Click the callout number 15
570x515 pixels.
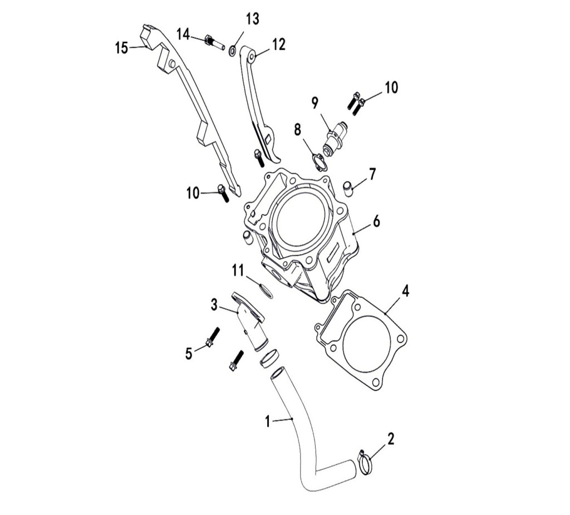(122, 48)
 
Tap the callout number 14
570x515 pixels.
(184, 35)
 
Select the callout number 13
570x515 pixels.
(253, 18)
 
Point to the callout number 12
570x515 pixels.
(279, 45)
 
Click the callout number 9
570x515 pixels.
(315, 103)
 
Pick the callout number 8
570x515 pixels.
(298, 130)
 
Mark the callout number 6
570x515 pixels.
(376, 221)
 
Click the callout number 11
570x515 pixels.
(238, 271)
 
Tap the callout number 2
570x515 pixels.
(391, 439)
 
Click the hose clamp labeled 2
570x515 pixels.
(365, 462)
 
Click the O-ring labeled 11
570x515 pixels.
(266, 290)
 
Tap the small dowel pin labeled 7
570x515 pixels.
(348, 188)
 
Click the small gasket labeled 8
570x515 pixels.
(319, 162)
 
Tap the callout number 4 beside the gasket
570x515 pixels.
(405, 291)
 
